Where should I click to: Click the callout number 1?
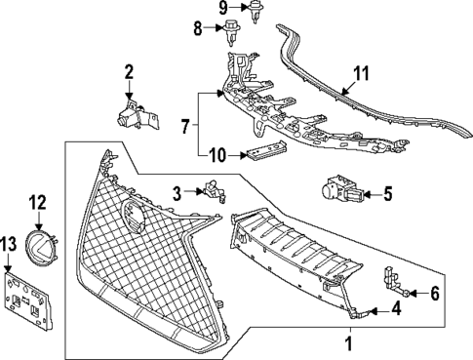point(348,344)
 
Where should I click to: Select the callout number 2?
point(129,71)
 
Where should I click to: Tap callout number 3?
point(176,193)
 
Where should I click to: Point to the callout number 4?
point(396,310)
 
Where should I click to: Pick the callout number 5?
point(386,193)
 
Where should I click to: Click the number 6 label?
point(434,292)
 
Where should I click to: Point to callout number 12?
point(37,202)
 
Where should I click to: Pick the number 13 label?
point(9,243)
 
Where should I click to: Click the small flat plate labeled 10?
point(264,152)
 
